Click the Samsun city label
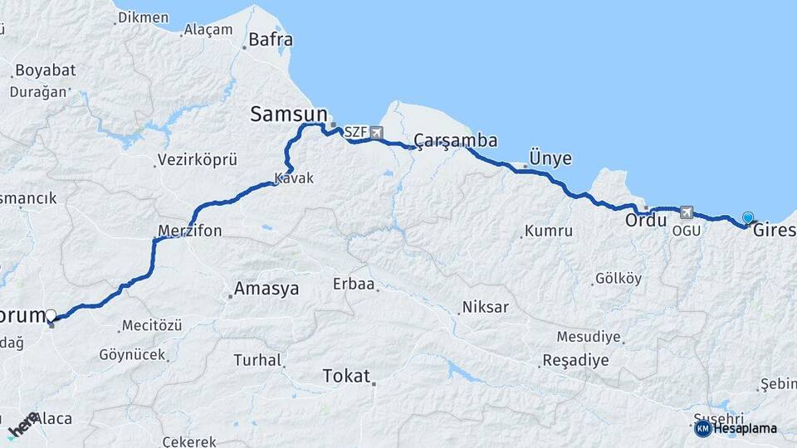pyautogui.click(x=289, y=114)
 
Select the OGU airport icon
pyautogui.click(x=686, y=212)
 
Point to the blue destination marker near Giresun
pyautogui.click(x=748, y=218)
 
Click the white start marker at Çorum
pyautogui.click(x=51, y=315)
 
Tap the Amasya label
pyautogui.click(x=266, y=289)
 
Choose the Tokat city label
pyautogui.click(x=346, y=376)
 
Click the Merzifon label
pyautogui.click(x=189, y=231)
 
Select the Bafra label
pyautogui.click(x=271, y=39)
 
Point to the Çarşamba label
pyautogui.click(x=456, y=140)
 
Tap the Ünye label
pyautogui.click(x=550, y=158)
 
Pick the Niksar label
pyautogui.click(x=486, y=307)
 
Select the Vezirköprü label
pyautogui.click(x=198, y=159)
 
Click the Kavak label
pyautogui.click(x=294, y=178)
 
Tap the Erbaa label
pyautogui.click(x=354, y=285)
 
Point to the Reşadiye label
pyautogui.click(x=575, y=360)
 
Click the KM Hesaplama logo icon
pyautogui.click(x=703, y=428)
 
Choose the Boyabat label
pyautogui.click(x=46, y=70)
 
